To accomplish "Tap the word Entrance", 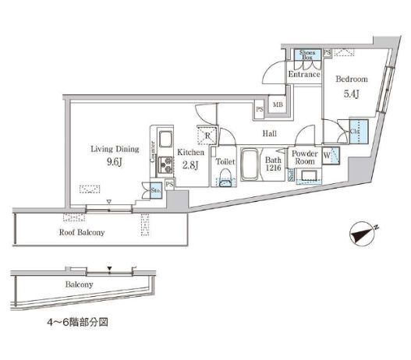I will point(304,75).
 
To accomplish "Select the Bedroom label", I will point(351,79).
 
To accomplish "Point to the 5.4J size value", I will point(351,95).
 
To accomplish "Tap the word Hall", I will point(270,133).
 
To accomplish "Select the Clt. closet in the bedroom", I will point(357,129).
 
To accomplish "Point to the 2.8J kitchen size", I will point(190,164).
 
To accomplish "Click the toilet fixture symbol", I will point(225,178).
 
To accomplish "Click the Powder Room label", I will point(304,157).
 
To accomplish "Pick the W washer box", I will point(328,154).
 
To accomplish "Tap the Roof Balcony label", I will point(82,232).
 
